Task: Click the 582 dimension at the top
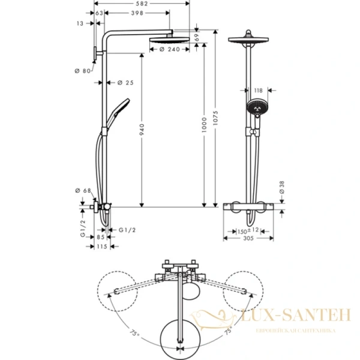(x=141, y=4)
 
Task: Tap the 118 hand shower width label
(x=258, y=91)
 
